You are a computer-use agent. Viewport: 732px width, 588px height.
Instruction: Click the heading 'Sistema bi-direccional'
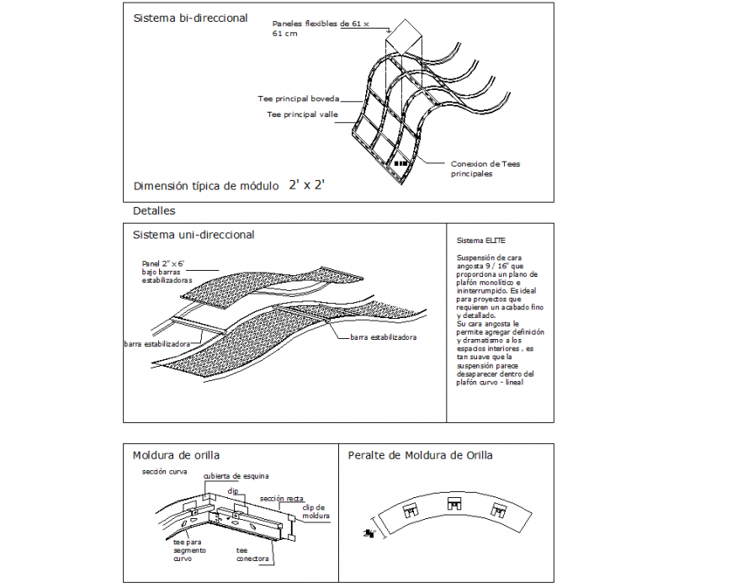(190, 18)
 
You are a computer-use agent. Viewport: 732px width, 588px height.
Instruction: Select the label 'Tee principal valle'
(302, 114)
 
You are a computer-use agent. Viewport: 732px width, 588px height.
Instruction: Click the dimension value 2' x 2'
(307, 185)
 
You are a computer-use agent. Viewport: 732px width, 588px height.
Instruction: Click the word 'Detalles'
(154, 210)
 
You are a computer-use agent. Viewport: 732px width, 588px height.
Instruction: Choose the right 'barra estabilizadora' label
(384, 336)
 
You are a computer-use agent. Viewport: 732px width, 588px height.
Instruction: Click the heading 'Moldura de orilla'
(176, 455)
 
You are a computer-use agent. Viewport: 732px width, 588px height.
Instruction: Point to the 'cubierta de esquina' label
(236, 475)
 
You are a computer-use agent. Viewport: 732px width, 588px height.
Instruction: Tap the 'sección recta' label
(282, 499)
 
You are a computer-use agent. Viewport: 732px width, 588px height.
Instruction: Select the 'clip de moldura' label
(316, 511)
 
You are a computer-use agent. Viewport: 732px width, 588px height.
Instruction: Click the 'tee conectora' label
(252, 554)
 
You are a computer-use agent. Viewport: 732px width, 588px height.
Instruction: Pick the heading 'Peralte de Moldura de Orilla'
(420, 455)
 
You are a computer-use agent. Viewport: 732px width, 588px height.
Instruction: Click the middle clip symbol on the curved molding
(454, 504)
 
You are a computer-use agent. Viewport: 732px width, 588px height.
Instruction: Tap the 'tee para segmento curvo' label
(190, 551)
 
